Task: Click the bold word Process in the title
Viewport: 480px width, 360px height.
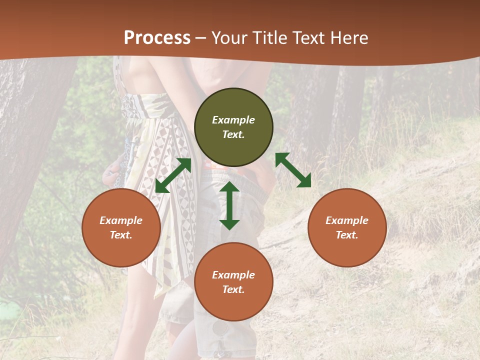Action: coord(157,38)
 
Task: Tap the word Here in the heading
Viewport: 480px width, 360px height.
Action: coord(349,38)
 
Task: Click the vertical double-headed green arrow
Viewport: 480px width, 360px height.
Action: coord(229,205)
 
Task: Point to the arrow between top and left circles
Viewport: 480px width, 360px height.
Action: coord(173,175)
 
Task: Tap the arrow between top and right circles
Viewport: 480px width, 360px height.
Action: coord(293,170)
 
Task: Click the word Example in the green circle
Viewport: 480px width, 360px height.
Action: coord(233,120)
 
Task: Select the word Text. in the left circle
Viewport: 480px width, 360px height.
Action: coord(121,235)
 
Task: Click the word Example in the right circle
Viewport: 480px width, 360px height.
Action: coord(347,220)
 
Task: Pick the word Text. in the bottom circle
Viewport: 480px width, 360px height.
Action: coord(233,289)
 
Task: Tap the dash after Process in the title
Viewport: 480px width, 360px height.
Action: coord(201,38)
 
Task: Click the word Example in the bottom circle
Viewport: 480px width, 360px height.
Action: coord(233,275)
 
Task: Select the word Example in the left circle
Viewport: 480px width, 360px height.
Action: coord(121,220)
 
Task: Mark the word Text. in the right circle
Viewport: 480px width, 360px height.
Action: coord(347,235)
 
